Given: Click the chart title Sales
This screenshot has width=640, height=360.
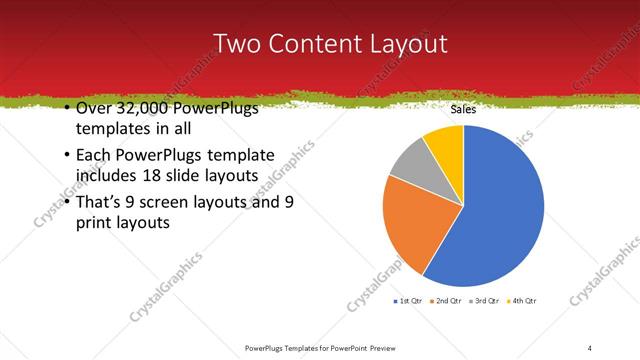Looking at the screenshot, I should [462, 110].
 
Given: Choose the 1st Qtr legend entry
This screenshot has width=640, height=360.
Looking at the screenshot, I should [409, 301].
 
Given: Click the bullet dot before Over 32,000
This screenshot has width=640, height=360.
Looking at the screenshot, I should [66, 109].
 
